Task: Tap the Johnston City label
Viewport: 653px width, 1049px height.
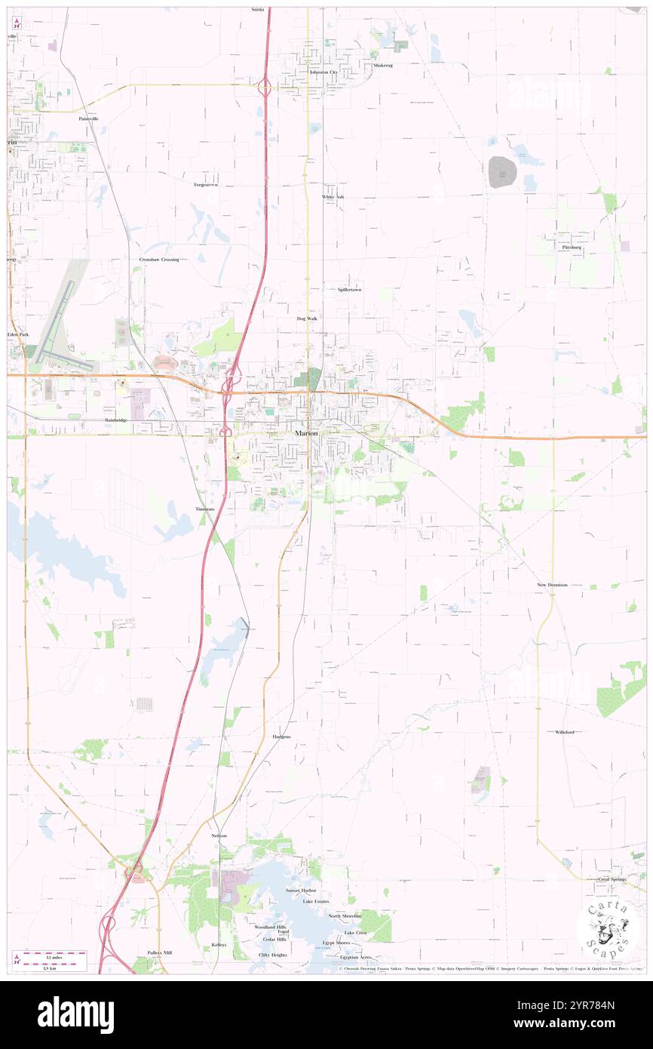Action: click(323, 72)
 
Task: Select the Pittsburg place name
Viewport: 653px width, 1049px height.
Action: click(571, 248)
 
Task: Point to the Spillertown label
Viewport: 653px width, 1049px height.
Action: click(349, 289)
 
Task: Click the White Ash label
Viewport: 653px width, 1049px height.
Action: click(333, 197)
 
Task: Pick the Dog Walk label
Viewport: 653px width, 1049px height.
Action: click(307, 318)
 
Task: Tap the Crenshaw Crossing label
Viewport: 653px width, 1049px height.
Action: click(159, 259)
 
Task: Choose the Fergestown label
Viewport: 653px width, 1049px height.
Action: click(206, 184)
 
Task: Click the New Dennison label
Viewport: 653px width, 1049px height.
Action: click(552, 585)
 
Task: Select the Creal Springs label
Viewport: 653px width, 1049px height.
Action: click(612, 879)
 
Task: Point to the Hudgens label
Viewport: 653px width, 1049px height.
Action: click(281, 736)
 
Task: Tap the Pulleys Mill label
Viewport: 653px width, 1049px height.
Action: click(160, 952)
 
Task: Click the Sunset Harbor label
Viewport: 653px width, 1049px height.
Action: click(301, 891)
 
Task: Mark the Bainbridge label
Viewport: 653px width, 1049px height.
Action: click(117, 420)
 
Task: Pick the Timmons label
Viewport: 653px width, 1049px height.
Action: click(205, 509)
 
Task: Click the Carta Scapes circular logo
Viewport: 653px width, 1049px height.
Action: click(607, 928)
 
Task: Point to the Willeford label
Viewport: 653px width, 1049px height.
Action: click(565, 732)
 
